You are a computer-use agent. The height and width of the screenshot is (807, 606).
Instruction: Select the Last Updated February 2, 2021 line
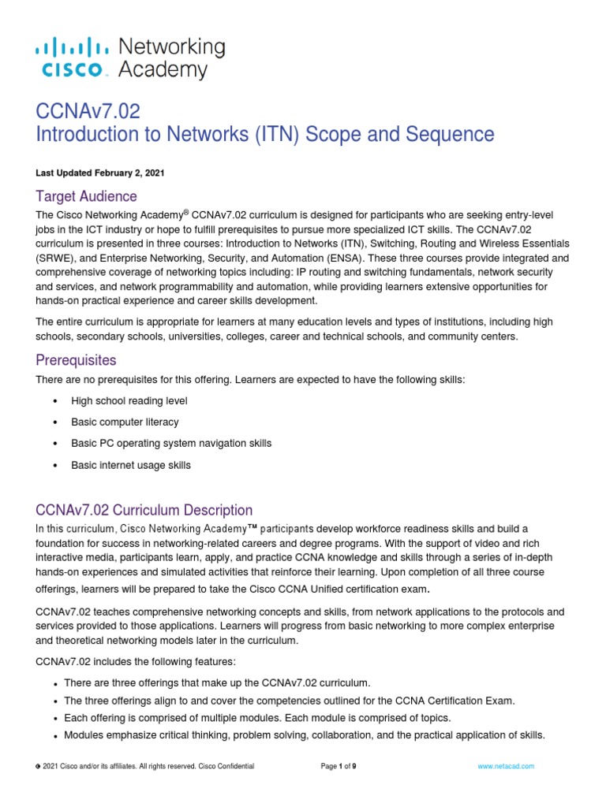pos(100,173)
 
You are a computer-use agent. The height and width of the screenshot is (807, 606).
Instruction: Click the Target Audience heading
pos(86,196)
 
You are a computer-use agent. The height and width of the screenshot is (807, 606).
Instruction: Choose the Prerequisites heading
pos(76,360)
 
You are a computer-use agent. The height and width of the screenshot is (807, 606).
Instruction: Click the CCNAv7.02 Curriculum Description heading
pos(144,510)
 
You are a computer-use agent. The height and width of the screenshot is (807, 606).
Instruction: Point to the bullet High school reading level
pos(129,400)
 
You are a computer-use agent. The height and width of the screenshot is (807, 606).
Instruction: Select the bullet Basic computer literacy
pos(125,422)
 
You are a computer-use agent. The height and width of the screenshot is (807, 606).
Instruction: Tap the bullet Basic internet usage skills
pos(131,465)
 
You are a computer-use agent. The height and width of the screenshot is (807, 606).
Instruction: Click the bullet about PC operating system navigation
pos(170,443)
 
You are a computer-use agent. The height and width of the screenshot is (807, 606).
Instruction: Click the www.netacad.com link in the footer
pos(506,766)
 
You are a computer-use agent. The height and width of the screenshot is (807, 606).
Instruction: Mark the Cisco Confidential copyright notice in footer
pos(148,766)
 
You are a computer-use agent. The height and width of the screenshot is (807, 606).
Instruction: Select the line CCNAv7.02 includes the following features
pos(136,661)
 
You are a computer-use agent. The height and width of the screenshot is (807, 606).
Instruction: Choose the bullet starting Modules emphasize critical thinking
pos(304,735)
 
